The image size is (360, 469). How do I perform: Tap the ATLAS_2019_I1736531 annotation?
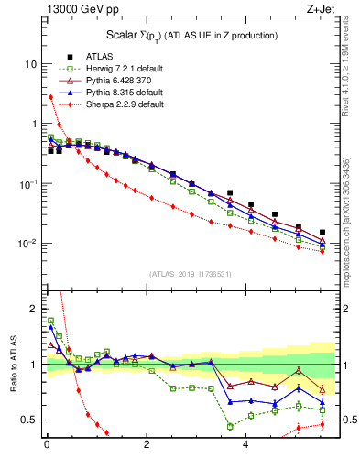click(190, 273)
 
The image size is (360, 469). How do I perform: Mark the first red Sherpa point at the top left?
click(50, 97)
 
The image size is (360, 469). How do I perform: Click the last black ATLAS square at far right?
click(322, 233)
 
